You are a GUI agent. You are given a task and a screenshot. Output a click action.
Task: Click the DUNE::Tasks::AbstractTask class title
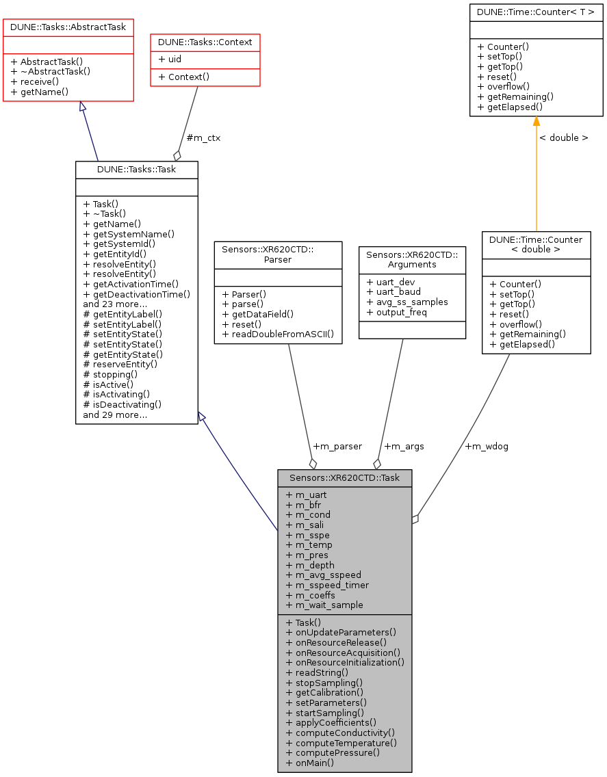pyautogui.click(x=68, y=27)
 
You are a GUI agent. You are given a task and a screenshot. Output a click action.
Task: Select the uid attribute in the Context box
pyautogui.click(x=170, y=60)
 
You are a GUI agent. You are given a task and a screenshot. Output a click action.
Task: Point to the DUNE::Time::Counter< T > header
pyautogui.click(x=536, y=12)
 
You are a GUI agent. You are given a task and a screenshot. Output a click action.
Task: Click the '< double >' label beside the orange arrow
pyautogui.click(x=563, y=137)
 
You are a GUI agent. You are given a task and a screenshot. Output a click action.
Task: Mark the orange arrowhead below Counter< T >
pyautogui.click(x=536, y=122)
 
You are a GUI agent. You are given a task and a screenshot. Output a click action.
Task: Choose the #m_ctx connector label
pyautogui.click(x=203, y=137)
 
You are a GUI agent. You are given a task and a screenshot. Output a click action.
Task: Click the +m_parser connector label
pyautogui.click(x=337, y=446)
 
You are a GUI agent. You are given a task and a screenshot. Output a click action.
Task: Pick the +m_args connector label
pyautogui.click(x=404, y=446)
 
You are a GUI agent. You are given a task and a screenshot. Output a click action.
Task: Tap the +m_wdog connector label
pyautogui.click(x=486, y=446)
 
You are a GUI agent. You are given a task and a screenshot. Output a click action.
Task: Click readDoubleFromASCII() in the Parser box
pyautogui.click(x=278, y=334)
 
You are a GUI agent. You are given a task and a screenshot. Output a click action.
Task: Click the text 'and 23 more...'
pyautogui.click(x=114, y=303)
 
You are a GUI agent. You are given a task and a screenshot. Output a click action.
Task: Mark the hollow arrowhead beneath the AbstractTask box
pyautogui.click(x=83, y=107)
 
